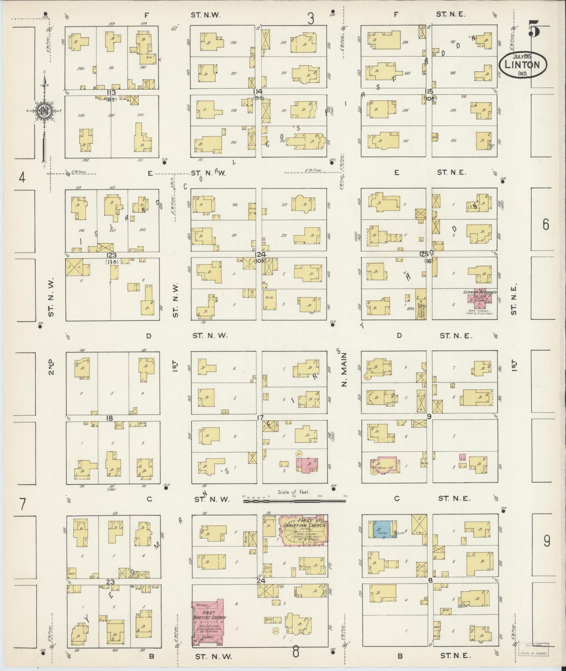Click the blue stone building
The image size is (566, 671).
click(380, 530)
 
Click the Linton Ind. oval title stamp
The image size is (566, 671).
click(523, 65)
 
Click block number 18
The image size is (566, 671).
click(109, 418)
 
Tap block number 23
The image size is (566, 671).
click(110, 582)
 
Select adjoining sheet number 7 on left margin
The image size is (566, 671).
click(23, 504)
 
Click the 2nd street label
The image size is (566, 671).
click(51, 367)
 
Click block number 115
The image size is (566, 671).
click(429, 91)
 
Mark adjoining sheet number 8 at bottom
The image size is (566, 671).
click(296, 652)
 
